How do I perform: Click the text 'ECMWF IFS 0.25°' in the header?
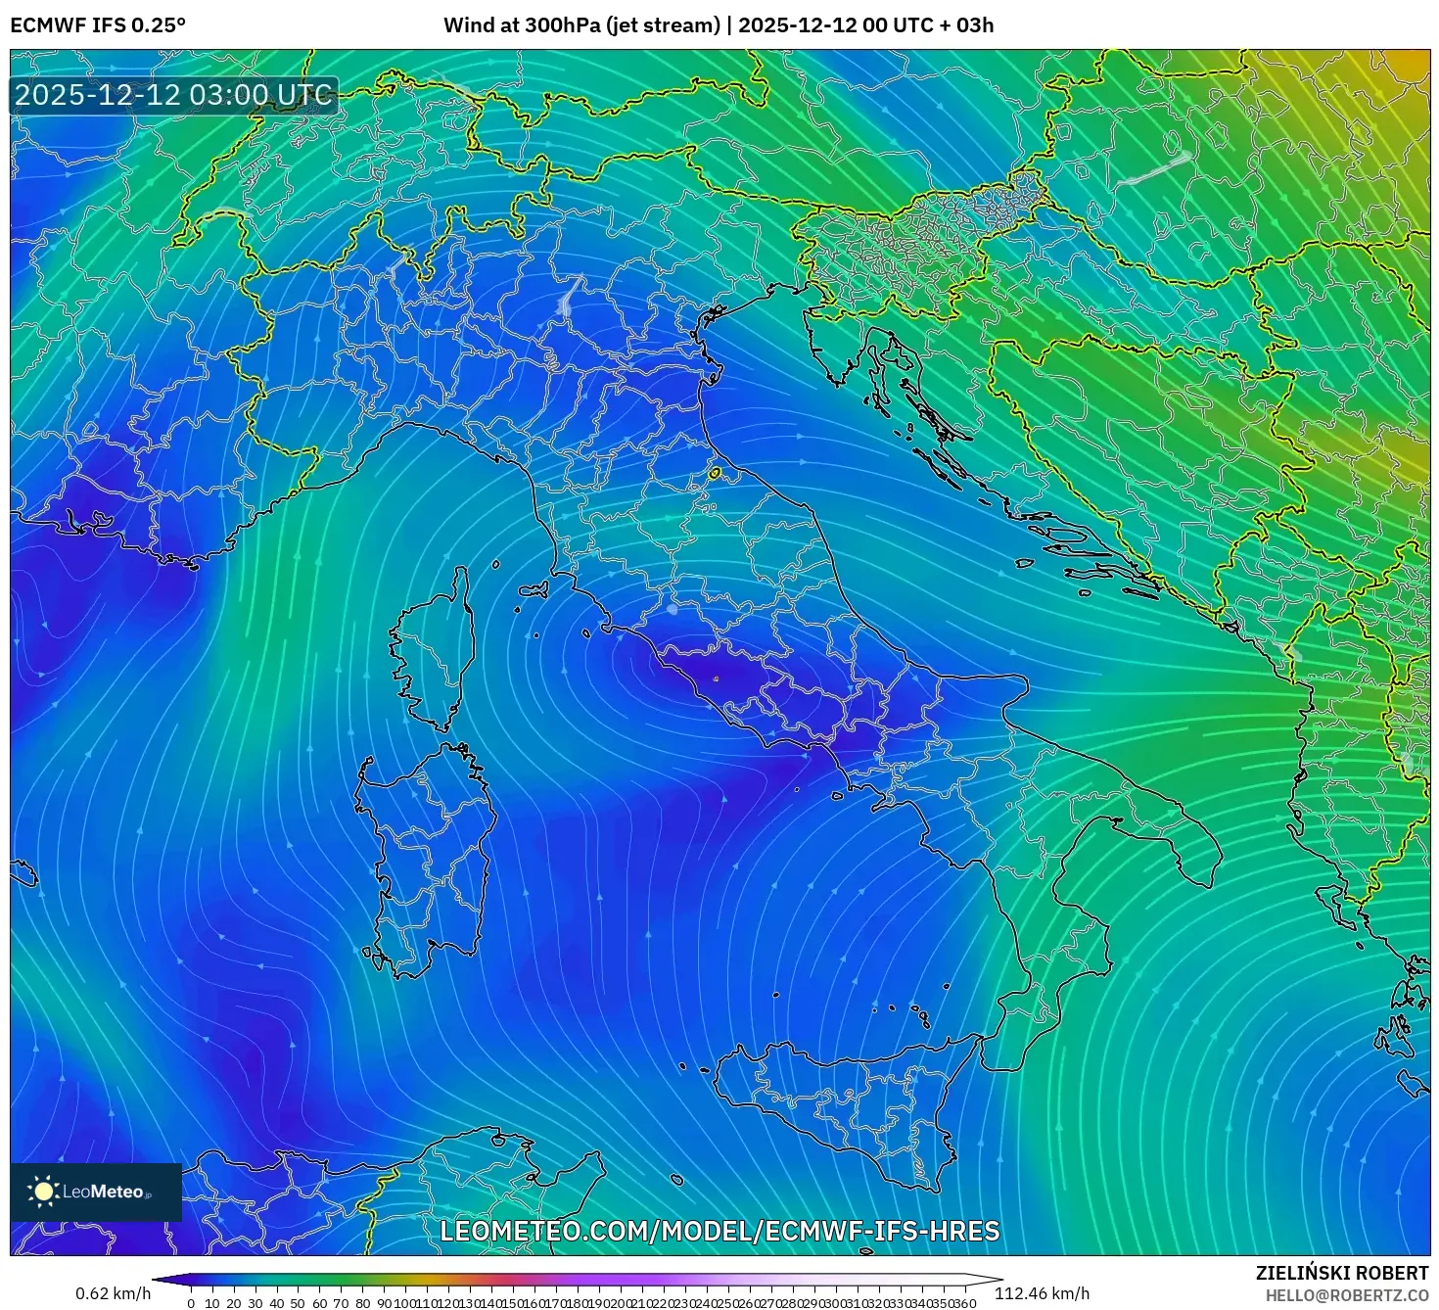pyautogui.click(x=98, y=25)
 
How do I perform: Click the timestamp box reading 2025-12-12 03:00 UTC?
pyautogui.click(x=173, y=95)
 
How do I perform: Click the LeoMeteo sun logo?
pyautogui.click(x=44, y=1192)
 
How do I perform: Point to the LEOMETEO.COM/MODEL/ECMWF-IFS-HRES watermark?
pyautogui.click(x=719, y=1231)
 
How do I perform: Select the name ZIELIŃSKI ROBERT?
pyautogui.click(x=1342, y=1273)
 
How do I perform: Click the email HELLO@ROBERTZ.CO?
pyautogui.click(x=1346, y=1294)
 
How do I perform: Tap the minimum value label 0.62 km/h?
pyautogui.click(x=114, y=1293)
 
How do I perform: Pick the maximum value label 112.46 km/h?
pyautogui.click(x=1042, y=1293)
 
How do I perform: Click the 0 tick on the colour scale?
pyautogui.click(x=191, y=1303)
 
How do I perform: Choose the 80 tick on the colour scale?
pyautogui.click(x=363, y=1303)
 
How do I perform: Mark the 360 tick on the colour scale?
pyautogui.click(x=965, y=1303)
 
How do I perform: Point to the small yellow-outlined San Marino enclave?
pyautogui.click(x=715, y=474)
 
